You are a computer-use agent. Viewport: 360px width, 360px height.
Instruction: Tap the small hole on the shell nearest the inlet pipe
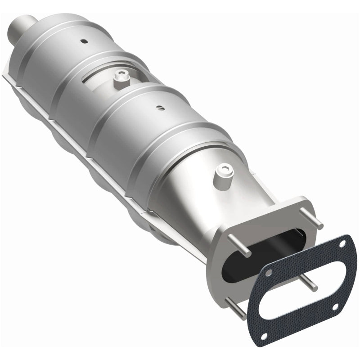[83, 41]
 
